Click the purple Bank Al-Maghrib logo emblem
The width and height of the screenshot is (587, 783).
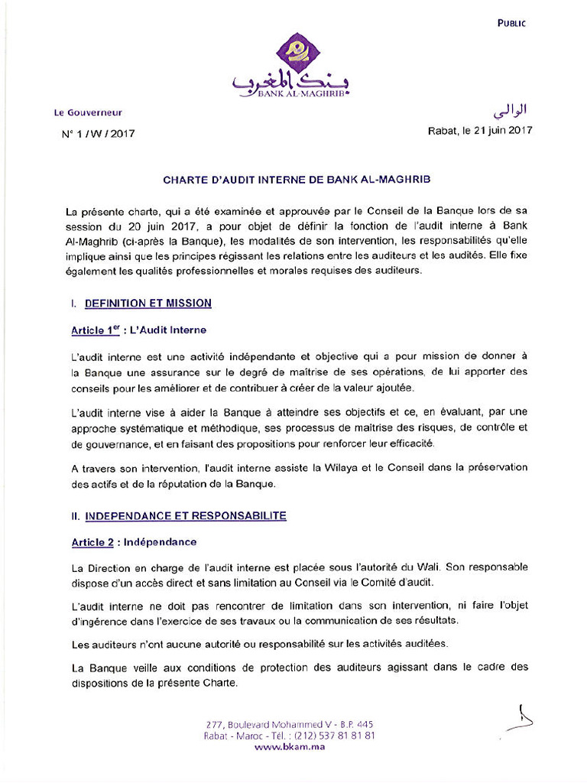(293, 52)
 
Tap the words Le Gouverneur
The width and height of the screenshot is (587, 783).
(88, 112)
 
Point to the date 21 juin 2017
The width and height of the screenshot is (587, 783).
(503, 130)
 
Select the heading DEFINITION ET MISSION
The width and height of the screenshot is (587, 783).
(148, 304)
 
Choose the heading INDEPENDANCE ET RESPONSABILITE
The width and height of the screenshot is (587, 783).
(185, 516)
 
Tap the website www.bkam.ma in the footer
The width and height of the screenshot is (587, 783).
(290, 746)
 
